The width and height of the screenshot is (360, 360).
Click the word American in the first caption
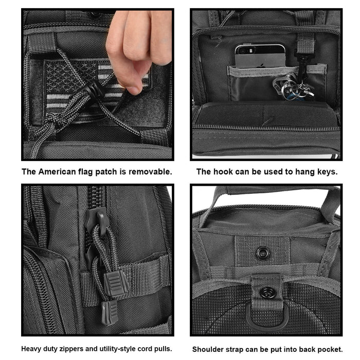point(57,172)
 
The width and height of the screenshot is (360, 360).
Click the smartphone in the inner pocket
point(260,56)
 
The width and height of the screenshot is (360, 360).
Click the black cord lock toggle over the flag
point(95,90)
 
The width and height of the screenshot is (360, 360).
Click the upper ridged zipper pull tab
point(116,282)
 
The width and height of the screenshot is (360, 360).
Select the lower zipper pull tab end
point(110,312)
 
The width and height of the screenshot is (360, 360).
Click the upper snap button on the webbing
point(263,253)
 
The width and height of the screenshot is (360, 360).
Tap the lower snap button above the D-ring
point(267,293)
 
